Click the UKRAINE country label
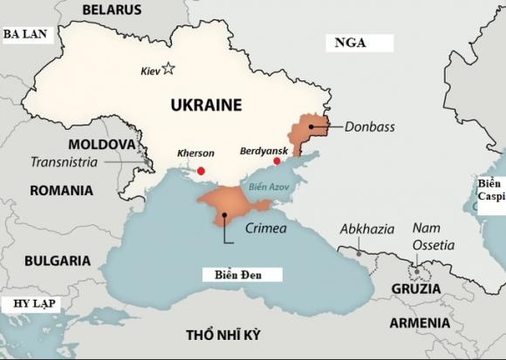click(205, 105)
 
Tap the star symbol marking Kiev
click(168, 69)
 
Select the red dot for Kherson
click(202, 171)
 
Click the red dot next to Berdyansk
click(277, 161)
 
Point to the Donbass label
click(370, 127)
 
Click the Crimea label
click(265, 228)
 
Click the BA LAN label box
click(27, 35)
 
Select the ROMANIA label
click(61, 190)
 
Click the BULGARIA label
click(57, 260)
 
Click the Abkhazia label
click(366, 230)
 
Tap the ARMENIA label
click(420, 323)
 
